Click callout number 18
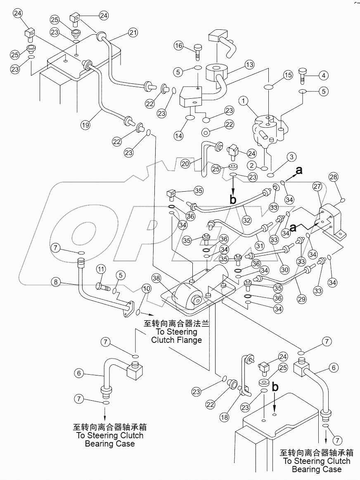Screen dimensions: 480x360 coord(225,417)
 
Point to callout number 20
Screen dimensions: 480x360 coord(185,164)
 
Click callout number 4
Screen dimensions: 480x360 coord(323,76)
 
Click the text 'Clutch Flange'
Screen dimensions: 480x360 coord(176,340)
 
